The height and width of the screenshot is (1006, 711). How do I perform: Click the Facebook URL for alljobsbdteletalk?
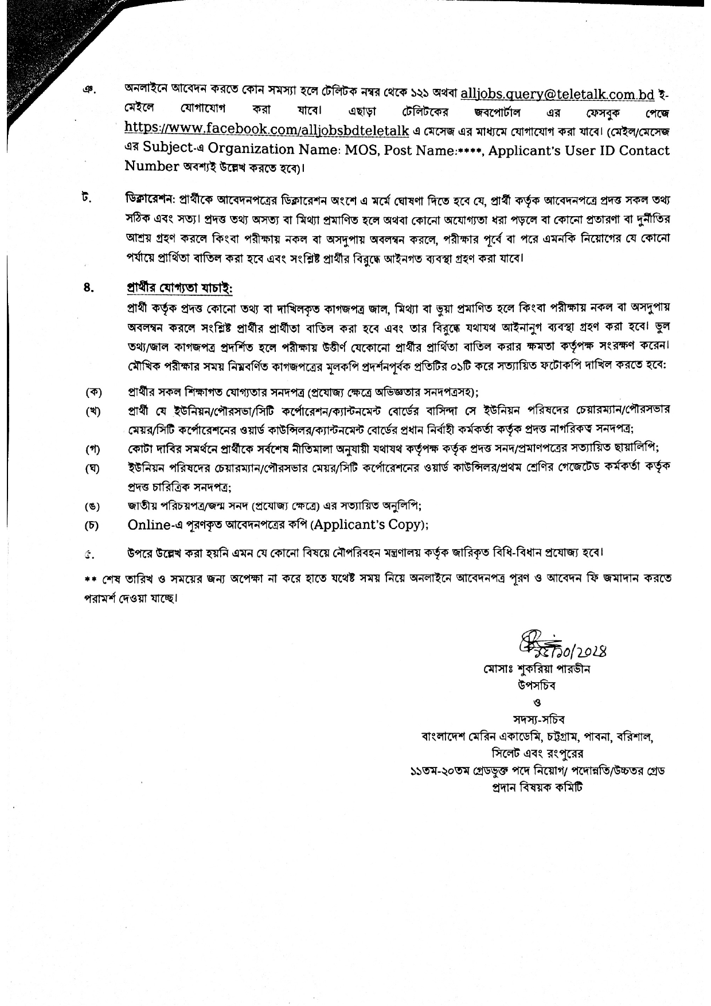coord(267,130)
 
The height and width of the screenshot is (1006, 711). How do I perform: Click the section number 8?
coord(88,288)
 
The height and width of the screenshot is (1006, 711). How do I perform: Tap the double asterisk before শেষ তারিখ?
coord(88,578)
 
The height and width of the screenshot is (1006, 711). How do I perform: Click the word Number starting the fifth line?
coord(152,167)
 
